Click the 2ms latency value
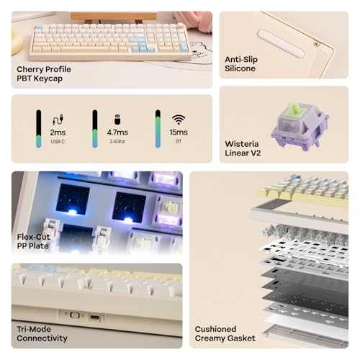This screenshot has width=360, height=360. coord(58,133)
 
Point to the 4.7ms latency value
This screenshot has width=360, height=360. coord(117,133)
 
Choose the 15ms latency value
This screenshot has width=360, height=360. coord(179,133)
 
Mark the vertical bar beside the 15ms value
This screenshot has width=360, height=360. coord(158,128)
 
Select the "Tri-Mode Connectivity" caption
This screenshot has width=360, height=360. coord(42,333)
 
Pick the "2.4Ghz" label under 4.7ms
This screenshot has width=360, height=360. coord(117,143)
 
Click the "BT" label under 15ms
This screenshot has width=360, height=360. coord(179,143)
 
